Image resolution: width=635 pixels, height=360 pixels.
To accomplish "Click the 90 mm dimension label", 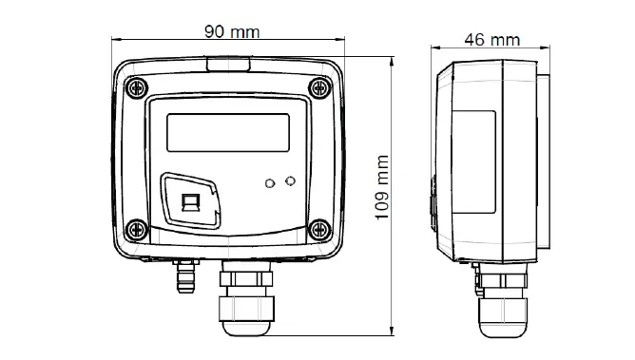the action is pyautogui.click(x=232, y=32).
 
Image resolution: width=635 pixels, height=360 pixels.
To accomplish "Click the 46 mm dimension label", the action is pyautogui.click(x=492, y=40).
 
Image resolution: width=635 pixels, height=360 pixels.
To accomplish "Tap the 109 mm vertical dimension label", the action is pyautogui.click(x=382, y=187).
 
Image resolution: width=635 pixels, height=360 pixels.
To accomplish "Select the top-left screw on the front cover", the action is pyautogui.click(x=137, y=87).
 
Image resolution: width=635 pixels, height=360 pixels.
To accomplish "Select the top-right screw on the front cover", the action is pyautogui.click(x=320, y=87).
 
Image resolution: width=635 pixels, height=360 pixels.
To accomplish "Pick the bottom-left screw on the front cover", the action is pyautogui.click(x=137, y=230).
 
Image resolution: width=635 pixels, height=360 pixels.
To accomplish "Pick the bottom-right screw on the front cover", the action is pyautogui.click(x=320, y=230).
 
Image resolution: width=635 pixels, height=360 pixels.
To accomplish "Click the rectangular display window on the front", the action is pyautogui.click(x=228, y=133).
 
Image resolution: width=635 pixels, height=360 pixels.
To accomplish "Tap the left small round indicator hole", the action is pyautogui.click(x=270, y=183).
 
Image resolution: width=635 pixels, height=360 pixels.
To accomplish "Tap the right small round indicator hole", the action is pyautogui.click(x=290, y=181).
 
